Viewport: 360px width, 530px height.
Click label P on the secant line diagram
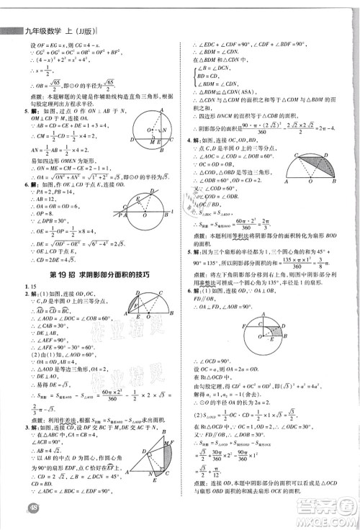(x=123, y=211)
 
